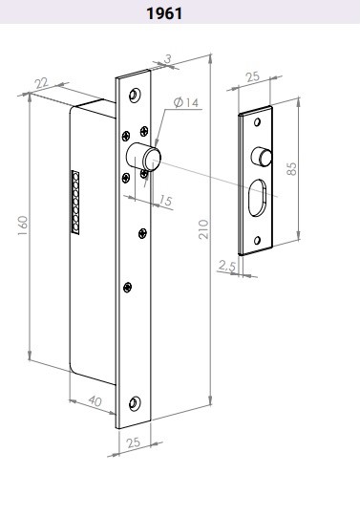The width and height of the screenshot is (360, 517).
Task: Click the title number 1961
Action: click(164, 13)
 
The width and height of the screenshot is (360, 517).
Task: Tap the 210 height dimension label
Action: click(204, 228)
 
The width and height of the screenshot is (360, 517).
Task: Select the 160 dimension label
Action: click(22, 226)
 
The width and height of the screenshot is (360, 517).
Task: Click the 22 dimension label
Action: click(42, 83)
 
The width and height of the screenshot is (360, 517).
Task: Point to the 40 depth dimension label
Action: click(95, 401)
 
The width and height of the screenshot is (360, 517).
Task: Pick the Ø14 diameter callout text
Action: click(186, 102)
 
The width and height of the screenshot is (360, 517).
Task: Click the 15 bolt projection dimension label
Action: click(165, 200)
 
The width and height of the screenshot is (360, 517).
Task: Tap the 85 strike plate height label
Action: click(291, 169)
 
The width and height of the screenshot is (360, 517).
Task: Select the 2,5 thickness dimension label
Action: click(227, 266)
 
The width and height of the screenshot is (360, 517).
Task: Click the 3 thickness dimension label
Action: click(168, 59)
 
